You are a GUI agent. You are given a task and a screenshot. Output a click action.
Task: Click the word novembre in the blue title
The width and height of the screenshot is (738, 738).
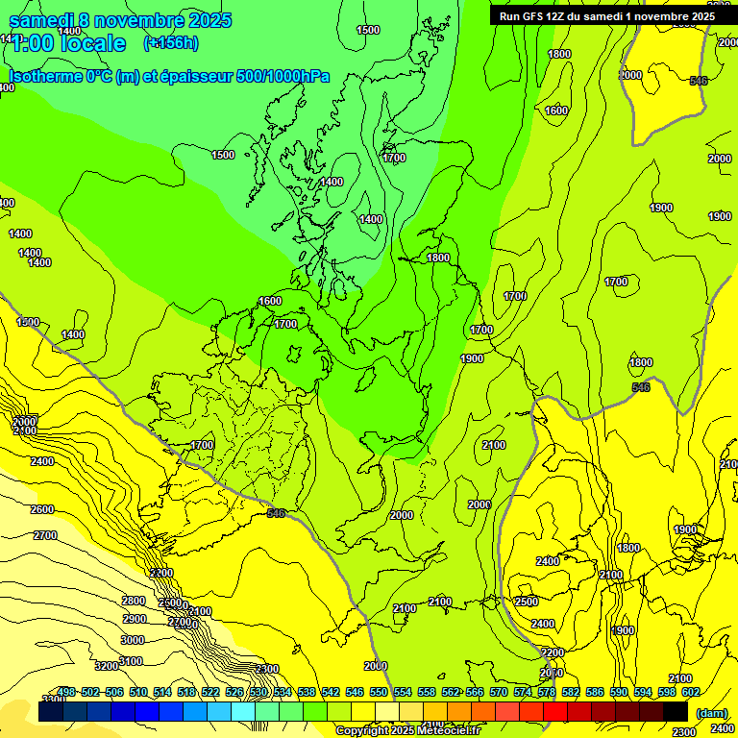tap(143, 19)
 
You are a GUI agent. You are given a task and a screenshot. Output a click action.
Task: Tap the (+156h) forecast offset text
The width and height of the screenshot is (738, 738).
tap(171, 42)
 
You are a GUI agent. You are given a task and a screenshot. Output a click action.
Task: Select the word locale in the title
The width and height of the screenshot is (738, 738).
tap(92, 43)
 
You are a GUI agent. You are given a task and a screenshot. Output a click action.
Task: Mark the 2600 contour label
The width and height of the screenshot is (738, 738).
tap(42, 509)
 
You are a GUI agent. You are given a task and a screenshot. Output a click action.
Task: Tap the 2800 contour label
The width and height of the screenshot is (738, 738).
tap(134, 601)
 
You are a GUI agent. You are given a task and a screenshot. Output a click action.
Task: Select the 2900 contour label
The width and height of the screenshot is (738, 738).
tap(135, 619)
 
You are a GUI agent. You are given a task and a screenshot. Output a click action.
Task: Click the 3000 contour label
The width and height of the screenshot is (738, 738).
tap(133, 640)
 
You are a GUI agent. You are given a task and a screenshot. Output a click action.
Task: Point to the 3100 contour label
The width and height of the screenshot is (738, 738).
tap(131, 661)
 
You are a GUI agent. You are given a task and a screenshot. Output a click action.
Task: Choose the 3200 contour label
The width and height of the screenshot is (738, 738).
tap(106, 666)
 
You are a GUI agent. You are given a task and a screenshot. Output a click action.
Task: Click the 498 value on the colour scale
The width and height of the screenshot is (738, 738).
tap(66, 692)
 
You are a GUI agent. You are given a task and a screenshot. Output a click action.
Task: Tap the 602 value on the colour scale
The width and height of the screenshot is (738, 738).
tap(691, 692)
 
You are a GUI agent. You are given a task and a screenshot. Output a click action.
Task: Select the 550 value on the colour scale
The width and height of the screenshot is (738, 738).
tap(379, 692)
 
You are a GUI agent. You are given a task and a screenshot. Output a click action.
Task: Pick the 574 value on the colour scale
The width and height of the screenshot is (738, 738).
tap(523, 692)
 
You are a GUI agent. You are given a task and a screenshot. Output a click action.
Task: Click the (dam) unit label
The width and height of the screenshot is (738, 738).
tap(711, 712)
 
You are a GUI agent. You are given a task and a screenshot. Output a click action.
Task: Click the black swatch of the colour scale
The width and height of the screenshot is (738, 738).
tap(676, 711)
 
